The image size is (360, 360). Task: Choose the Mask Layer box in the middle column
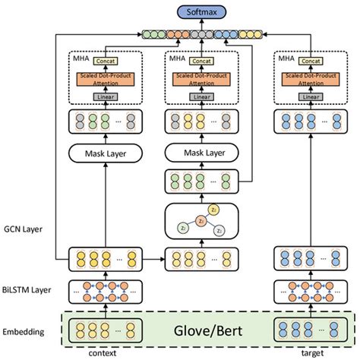pyautogui.click(x=200, y=153)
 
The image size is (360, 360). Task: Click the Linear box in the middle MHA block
pyautogui.click(x=200, y=96)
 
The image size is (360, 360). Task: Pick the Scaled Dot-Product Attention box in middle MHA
pyautogui.click(x=200, y=78)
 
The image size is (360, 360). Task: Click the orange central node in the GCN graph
pyautogui.click(x=200, y=220)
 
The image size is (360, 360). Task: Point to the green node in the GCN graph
pyautogui.click(x=182, y=228)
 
